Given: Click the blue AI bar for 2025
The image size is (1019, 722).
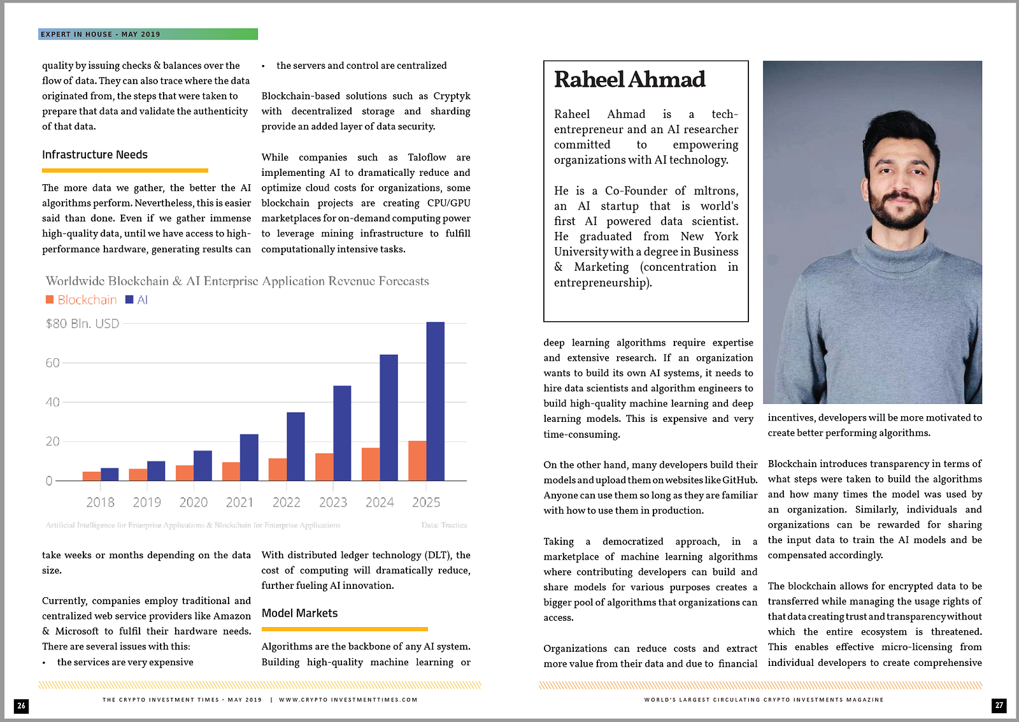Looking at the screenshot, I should click(435, 401).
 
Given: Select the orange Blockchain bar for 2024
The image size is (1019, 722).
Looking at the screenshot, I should click(371, 464).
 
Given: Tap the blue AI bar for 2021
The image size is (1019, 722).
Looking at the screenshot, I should click(249, 457).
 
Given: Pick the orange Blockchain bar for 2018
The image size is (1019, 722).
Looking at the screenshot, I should click(92, 476).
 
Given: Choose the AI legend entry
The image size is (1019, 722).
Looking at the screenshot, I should click(137, 300).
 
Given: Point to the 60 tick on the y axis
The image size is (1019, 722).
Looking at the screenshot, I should click(52, 363).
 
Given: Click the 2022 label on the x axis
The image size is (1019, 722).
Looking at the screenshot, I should click(286, 502).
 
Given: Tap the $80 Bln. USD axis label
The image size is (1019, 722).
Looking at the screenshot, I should click(82, 324).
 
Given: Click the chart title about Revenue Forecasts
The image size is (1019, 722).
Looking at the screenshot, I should click(237, 281).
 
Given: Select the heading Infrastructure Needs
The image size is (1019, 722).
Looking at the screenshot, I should click(95, 155).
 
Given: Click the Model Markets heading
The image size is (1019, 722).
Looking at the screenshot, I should click(299, 613).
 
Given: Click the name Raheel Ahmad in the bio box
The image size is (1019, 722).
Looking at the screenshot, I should click(629, 80).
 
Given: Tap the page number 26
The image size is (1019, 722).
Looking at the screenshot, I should click(22, 705).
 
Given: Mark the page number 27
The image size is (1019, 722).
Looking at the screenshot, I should click(999, 705).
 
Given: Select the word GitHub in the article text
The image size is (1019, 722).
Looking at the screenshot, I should click(739, 480).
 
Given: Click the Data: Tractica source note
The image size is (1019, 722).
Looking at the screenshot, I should click(444, 525).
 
